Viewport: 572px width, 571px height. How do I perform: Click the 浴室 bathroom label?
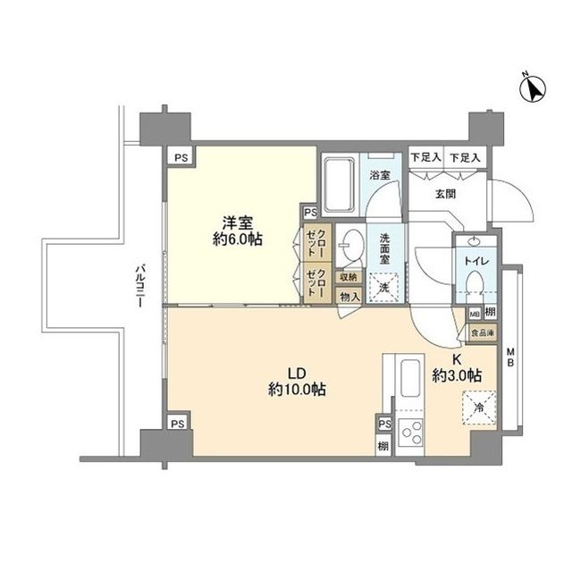[x=380, y=176]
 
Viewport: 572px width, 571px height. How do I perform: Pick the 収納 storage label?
[x=349, y=277]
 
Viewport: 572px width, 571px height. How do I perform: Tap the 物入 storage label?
[x=349, y=296]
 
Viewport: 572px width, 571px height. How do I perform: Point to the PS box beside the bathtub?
[x=310, y=212]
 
